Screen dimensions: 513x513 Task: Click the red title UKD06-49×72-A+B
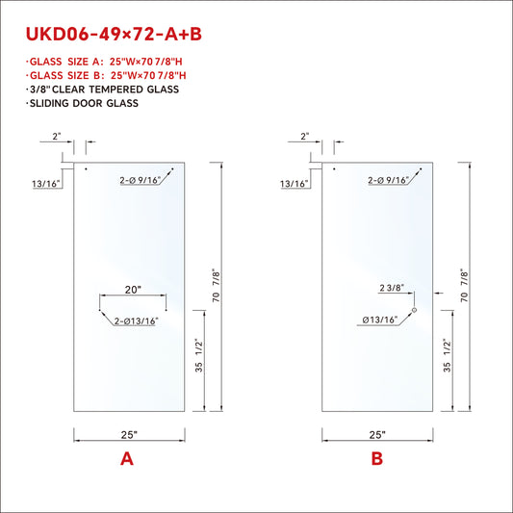click(x=113, y=36)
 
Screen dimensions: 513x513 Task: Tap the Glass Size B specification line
click(x=106, y=75)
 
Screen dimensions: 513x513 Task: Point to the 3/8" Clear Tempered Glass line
click(x=102, y=89)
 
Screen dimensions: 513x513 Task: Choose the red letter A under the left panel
click(x=126, y=459)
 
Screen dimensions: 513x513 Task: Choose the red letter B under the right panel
click(x=376, y=459)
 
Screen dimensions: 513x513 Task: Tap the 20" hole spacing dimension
click(x=133, y=289)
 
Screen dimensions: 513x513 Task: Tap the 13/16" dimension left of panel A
click(x=45, y=183)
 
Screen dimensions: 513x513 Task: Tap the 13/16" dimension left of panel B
click(x=295, y=183)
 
